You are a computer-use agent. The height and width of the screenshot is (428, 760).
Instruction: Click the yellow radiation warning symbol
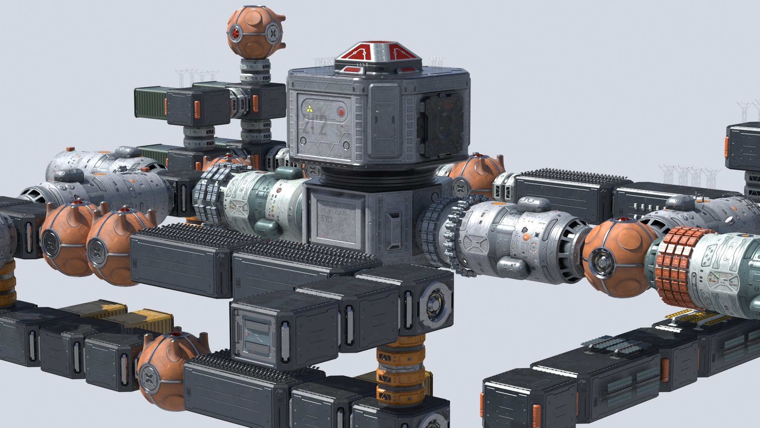(x=309, y=108)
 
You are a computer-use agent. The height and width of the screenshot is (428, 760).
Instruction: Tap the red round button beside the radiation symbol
(x=341, y=113)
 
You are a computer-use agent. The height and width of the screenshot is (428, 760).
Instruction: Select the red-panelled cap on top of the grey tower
(x=378, y=55)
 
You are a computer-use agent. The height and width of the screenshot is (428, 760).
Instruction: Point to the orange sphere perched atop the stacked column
(x=255, y=32)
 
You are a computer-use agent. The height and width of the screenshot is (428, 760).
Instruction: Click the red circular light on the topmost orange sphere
(x=236, y=33)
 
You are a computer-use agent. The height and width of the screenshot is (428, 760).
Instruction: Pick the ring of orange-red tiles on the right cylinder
(x=675, y=267)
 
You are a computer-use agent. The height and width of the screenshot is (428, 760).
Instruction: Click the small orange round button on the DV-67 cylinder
(x=526, y=237)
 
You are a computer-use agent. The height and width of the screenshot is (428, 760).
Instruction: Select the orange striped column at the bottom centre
(x=401, y=371)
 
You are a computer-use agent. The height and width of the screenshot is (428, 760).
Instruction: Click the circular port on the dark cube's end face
(x=436, y=303)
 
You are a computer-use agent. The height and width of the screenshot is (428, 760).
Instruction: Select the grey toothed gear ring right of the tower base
(x=439, y=234)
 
